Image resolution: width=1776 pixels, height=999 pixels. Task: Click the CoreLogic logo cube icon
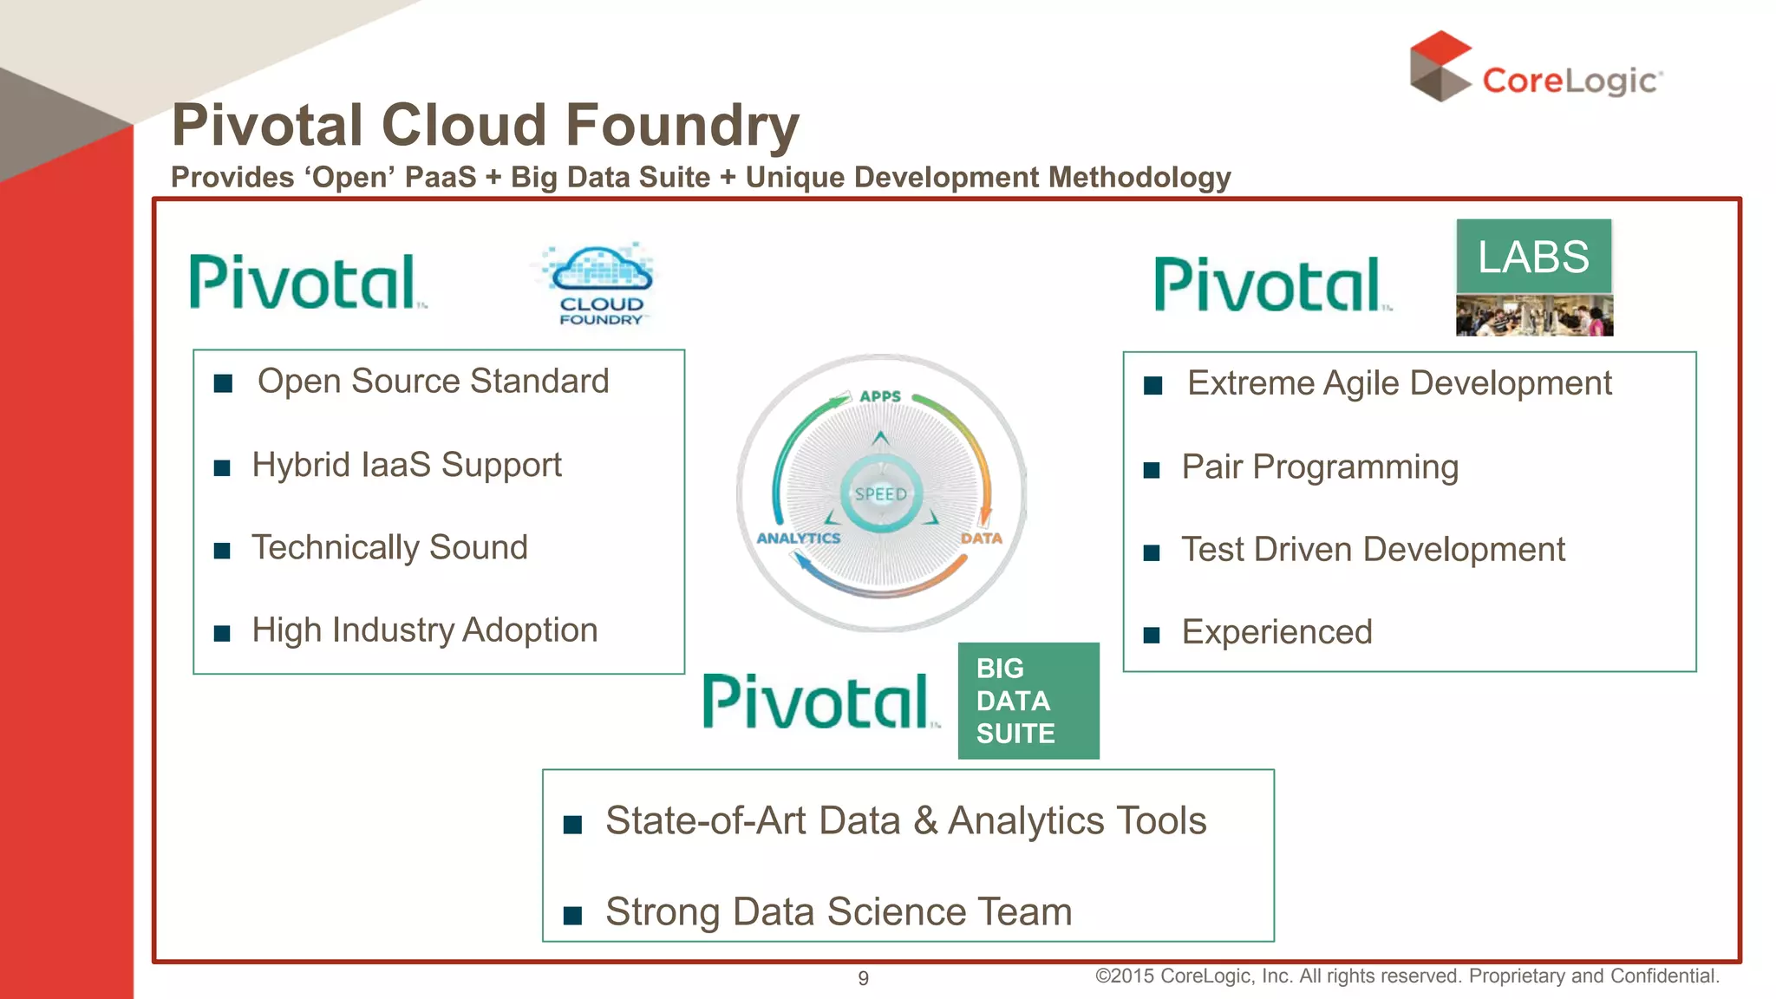tap(1440, 66)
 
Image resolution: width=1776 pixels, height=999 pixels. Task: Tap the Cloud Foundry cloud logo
tap(601, 283)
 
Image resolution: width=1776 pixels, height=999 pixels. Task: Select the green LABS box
tap(1533, 257)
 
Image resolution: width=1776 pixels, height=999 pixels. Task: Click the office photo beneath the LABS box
tap(1534, 316)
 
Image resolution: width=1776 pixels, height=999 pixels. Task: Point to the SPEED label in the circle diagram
tap(880, 494)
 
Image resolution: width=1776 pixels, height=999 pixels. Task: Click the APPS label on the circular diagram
tap(880, 396)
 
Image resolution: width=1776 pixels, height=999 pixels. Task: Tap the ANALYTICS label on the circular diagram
tap(798, 539)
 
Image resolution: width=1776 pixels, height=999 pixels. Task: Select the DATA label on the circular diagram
tap(981, 539)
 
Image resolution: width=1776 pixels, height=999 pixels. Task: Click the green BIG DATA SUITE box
tap(1028, 701)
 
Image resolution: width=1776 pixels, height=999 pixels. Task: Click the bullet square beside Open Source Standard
tap(223, 383)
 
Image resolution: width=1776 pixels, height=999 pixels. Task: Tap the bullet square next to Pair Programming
tap(1152, 470)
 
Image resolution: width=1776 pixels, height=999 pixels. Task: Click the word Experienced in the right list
tap(1276, 632)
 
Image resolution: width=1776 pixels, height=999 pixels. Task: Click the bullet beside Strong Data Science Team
tap(572, 915)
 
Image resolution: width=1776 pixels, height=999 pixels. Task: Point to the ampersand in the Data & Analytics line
tap(925, 821)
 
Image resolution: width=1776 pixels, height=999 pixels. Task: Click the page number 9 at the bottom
tap(863, 978)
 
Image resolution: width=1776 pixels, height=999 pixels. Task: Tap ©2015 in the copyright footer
tap(1124, 976)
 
